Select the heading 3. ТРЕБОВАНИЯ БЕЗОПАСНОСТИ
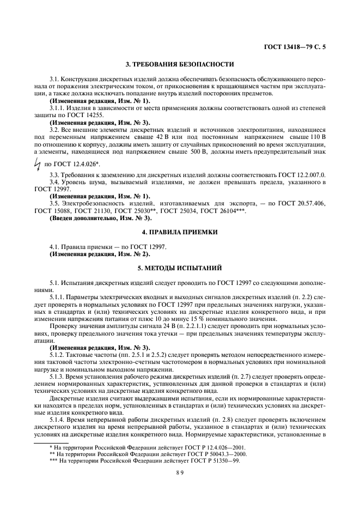(x=179, y=64)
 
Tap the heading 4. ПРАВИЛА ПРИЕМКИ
(x=179, y=232)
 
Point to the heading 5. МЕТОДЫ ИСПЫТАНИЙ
(x=179, y=268)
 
